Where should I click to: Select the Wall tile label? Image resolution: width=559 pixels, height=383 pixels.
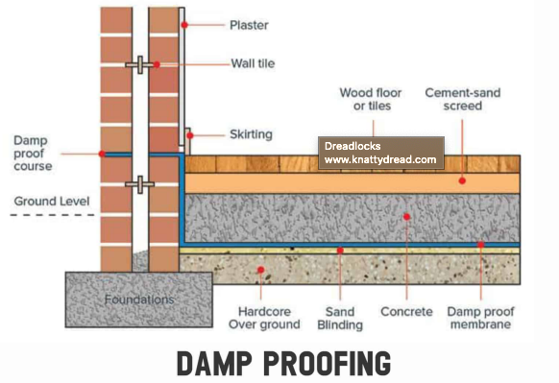[254, 65]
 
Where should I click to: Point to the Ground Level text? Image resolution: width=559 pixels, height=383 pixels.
[51, 202]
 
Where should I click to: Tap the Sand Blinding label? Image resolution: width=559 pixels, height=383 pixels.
[340, 318]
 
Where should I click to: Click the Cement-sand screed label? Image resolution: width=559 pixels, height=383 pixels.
[463, 99]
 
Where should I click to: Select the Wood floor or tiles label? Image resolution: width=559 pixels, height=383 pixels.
[370, 99]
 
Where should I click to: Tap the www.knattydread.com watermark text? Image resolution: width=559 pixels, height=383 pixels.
[380, 160]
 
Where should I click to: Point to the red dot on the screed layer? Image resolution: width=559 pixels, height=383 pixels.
[462, 180]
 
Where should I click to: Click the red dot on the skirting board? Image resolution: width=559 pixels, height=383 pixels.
[190, 135]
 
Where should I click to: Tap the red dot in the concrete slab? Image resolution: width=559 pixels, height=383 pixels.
[407, 217]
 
